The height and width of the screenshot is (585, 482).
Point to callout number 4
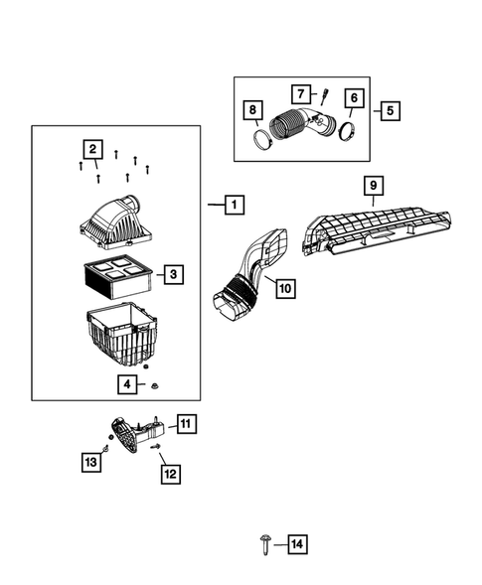click(x=128, y=382)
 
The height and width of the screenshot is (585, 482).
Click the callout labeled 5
click(x=387, y=110)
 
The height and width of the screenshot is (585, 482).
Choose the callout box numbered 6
click(x=353, y=98)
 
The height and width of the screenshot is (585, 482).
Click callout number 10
click(x=283, y=289)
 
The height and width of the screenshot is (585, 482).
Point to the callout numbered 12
click(x=170, y=474)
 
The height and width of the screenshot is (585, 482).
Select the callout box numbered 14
click(x=297, y=544)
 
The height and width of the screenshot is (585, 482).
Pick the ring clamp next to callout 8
click(x=262, y=136)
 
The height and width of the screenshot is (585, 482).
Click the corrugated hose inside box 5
click(x=291, y=129)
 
